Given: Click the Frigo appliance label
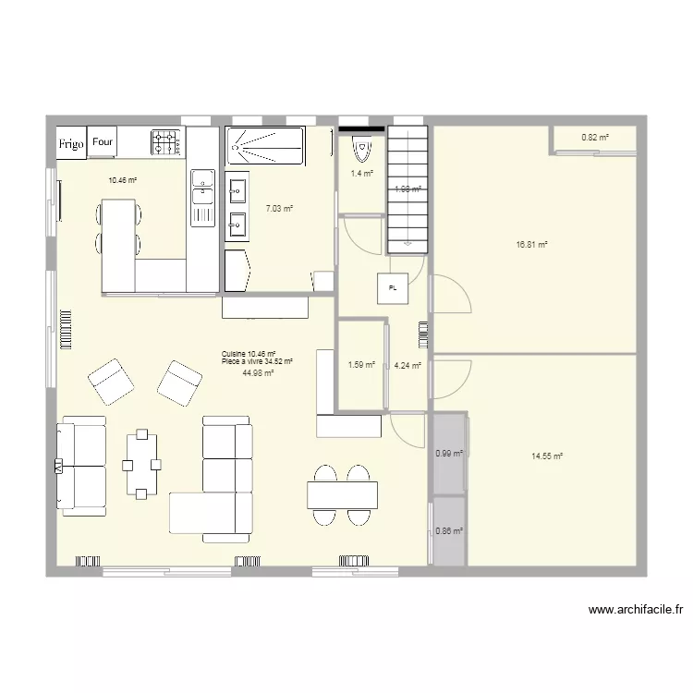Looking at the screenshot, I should pyautogui.click(x=71, y=144).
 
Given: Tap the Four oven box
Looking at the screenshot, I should pyautogui.click(x=102, y=142).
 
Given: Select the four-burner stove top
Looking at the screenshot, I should pyautogui.click(x=166, y=142).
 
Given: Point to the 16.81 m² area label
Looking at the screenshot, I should pyautogui.click(x=532, y=245).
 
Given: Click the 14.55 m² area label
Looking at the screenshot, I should pyautogui.click(x=547, y=456).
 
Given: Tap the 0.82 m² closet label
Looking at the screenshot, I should pyautogui.click(x=595, y=138).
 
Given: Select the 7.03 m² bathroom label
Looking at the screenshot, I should pyautogui.click(x=279, y=209).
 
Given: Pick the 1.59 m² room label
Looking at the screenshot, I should pyautogui.click(x=361, y=365).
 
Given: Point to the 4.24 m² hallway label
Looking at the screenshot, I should pyautogui.click(x=407, y=365).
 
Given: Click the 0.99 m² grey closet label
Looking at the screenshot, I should pyautogui.click(x=448, y=453).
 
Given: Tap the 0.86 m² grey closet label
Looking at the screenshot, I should pyautogui.click(x=448, y=531).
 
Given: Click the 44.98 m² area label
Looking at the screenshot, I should pyautogui.click(x=258, y=373).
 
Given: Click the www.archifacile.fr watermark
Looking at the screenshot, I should pyautogui.click(x=635, y=610).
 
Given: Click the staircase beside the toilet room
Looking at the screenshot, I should pyautogui.click(x=407, y=189).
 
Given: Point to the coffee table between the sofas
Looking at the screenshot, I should pyautogui.click(x=142, y=463).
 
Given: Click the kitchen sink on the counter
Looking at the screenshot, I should pyautogui.click(x=202, y=190).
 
